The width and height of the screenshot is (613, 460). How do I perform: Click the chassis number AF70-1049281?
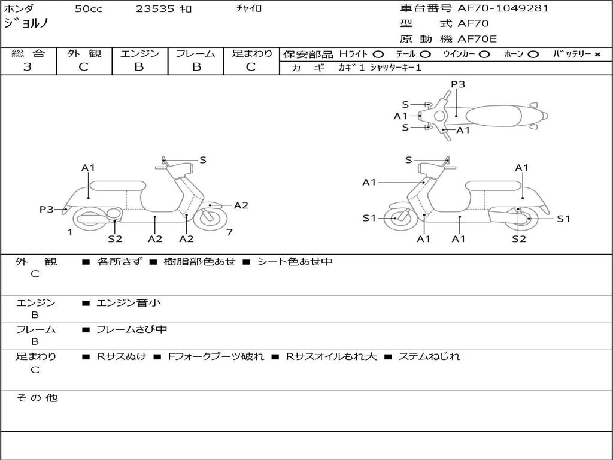tap(503, 8)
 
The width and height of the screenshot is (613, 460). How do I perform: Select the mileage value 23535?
tap(155, 9)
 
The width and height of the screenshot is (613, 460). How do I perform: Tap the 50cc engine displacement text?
tap(89, 9)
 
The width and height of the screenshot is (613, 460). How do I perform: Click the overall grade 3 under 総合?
tap(28, 67)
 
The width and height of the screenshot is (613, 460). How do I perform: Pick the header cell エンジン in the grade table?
tap(139, 53)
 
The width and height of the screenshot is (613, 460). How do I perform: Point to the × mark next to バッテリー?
tap(597, 55)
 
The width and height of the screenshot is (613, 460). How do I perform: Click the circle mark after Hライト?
tap(378, 55)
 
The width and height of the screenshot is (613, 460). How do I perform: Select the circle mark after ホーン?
tap(533, 55)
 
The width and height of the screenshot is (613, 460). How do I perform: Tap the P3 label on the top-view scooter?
tap(458, 84)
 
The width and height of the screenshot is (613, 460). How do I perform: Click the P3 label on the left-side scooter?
tap(47, 210)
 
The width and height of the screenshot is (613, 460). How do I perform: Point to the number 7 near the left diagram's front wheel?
tap(229, 233)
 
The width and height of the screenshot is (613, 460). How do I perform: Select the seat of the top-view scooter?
tap(493, 116)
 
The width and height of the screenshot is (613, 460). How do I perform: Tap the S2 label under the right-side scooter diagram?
tap(519, 239)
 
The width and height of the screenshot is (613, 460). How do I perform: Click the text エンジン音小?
tap(129, 302)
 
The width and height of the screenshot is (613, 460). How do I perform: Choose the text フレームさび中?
tap(132, 330)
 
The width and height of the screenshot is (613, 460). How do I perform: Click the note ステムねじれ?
tap(429, 357)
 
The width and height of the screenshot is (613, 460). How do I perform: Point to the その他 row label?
tap(37, 398)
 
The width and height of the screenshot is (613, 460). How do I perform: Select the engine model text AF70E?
tap(477, 39)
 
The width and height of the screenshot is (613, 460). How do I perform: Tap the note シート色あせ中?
tap(295, 262)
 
